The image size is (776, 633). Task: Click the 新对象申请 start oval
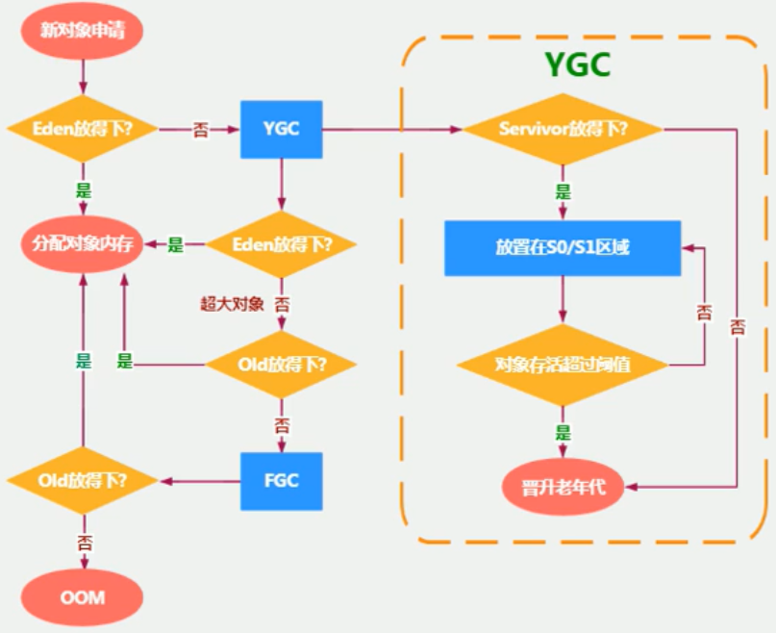[x=82, y=31]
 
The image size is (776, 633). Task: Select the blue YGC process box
[x=281, y=129]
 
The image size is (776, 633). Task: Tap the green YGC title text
[x=578, y=64]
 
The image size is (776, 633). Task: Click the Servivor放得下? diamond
[x=563, y=129]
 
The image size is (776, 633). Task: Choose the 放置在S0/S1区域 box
[x=563, y=247]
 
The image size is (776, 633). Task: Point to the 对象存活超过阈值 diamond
[x=563, y=365]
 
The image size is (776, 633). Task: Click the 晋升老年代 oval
[x=563, y=488]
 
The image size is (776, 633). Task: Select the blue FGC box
[x=281, y=481]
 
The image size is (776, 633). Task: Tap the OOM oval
[x=82, y=597]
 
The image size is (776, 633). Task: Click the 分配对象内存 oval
[x=82, y=244]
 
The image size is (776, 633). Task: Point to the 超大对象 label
[x=232, y=304]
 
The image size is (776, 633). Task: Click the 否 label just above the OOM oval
[x=84, y=544]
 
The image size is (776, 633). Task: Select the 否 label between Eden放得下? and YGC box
[x=200, y=130]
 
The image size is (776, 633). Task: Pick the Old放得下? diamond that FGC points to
[x=82, y=481]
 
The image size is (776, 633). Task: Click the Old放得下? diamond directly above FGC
[x=281, y=365]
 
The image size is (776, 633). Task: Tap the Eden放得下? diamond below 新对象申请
[x=82, y=129]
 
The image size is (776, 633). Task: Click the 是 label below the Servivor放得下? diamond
[x=563, y=191]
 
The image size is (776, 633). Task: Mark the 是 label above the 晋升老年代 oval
[x=563, y=433]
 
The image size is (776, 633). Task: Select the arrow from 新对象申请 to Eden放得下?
[x=83, y=77]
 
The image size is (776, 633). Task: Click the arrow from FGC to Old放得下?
[x=199, y=481]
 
